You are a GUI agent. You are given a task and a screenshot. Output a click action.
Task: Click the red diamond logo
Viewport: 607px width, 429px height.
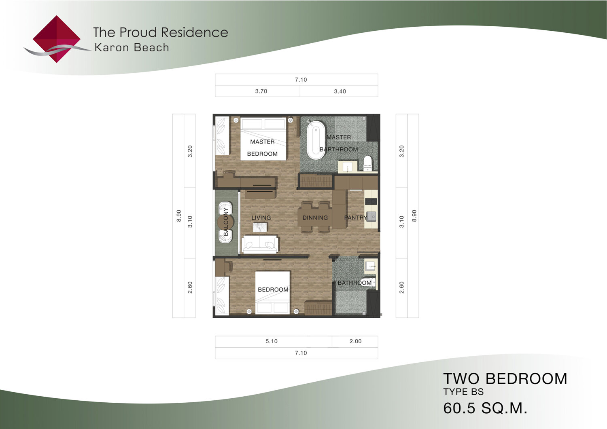coord(57,39)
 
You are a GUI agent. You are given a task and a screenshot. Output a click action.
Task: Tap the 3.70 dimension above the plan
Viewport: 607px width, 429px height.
coord(261,91)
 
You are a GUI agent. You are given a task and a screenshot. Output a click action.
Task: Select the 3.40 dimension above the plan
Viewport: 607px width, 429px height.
coord(340,91)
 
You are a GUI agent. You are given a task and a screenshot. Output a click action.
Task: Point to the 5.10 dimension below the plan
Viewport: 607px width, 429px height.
coord(271,341)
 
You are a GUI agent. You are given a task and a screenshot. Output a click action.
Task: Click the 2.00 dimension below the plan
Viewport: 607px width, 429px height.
coord(355,341)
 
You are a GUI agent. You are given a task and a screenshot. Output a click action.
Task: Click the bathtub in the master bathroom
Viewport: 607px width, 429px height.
coord(316,140)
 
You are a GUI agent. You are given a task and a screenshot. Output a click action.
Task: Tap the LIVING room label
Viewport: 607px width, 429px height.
coord(261,218)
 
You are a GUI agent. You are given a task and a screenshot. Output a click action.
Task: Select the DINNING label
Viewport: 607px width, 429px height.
coord(315,218)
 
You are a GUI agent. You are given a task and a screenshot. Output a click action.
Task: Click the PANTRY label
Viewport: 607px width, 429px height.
coord(356,218)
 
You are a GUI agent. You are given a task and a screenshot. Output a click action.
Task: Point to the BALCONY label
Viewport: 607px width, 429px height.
coord(226,221)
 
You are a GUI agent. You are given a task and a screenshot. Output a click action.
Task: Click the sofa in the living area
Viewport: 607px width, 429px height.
coord(260,244)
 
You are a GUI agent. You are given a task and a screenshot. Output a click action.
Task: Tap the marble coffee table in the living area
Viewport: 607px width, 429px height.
coord(260,227)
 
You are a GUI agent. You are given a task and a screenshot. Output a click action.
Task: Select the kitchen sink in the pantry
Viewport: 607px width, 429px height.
coord(371,216)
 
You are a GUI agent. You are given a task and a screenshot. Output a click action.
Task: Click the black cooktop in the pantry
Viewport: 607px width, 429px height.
coord(371,201)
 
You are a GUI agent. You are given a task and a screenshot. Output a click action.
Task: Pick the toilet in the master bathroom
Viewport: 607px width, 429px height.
coord(367,163)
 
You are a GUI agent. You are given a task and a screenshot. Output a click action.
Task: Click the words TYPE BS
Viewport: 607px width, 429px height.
coord(463,392)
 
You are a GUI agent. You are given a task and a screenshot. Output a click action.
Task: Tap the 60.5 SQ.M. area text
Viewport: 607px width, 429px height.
coord(485,408)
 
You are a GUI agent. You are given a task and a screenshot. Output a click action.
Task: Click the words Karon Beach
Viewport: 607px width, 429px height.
coord(132,47)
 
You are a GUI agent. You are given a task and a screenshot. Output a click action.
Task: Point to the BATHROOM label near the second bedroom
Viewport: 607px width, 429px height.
coord(354,283)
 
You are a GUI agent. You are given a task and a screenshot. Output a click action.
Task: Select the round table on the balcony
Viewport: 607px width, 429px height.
coord(225,222)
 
